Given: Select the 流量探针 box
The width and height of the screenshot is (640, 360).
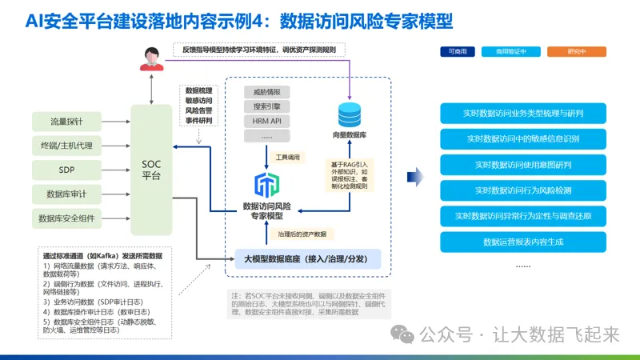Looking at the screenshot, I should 67,122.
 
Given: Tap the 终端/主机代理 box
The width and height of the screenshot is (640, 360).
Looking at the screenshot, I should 67,146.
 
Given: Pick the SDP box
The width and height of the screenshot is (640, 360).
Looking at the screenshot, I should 67,170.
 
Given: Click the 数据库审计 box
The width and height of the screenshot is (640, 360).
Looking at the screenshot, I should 67,194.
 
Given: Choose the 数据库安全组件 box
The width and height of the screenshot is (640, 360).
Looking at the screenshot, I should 67,218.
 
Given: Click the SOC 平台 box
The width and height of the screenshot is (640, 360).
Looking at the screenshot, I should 151,170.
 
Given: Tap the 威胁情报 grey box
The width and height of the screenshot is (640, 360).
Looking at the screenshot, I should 271,91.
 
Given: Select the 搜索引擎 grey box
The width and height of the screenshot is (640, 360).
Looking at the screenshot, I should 271,106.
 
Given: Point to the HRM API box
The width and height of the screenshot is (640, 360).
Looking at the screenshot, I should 271,122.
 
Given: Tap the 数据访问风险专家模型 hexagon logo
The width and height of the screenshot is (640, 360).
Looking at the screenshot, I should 263,185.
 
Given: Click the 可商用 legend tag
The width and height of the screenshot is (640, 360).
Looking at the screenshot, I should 458,52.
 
